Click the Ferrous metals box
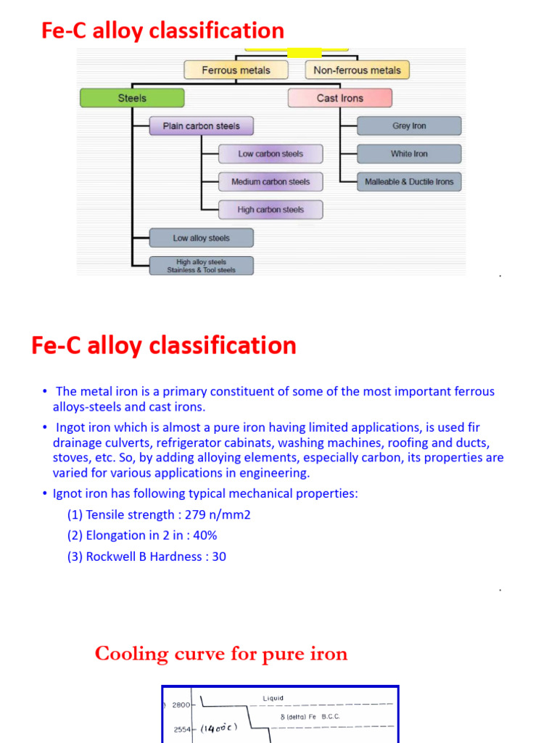(x=236, y=70)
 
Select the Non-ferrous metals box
(x=357, y=70)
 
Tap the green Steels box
(x=132, y=98)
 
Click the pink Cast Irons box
(x=339, y=98)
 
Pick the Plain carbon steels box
(x=201, y=126)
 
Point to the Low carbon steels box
(x=271, y=154)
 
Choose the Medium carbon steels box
(x=271, y=182)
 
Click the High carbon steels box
(x=271, y=210)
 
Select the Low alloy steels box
(x=201, y=238)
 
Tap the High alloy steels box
(x=201, y=266)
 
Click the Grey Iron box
(x=409, y=126)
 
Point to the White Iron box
(x=409, y=154)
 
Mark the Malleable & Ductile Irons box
(x=409, y=182)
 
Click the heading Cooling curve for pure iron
(x=221, y=654)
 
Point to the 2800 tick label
(x=181, y=705)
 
